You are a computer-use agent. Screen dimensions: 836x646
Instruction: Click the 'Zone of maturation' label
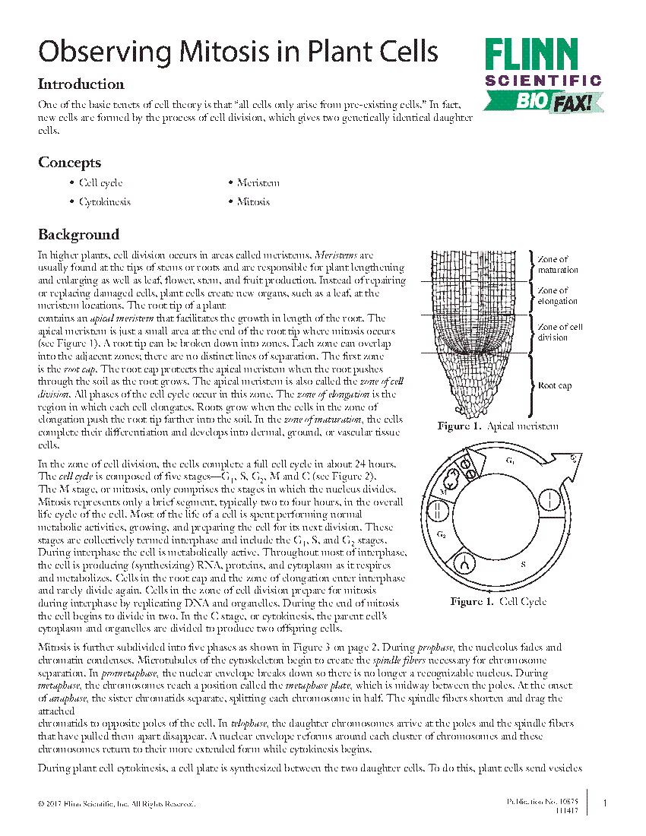pos(558,264)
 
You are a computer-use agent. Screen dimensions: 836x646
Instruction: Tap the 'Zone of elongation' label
pos(558,296)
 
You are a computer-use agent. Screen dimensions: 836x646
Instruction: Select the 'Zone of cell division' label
pos(560,332)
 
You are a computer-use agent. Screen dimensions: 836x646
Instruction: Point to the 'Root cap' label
pos(554,385)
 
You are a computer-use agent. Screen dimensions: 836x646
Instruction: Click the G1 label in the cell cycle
pos(511,461)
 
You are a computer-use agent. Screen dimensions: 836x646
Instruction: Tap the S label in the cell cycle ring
pos(523,565)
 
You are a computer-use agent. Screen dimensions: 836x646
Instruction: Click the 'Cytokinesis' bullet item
pos(105,202)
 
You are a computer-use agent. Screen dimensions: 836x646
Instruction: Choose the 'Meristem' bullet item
pos(258,182)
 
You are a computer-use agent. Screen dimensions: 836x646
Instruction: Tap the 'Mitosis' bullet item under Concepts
pos(253,202)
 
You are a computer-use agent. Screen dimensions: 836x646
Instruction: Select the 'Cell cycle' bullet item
pos(100,182)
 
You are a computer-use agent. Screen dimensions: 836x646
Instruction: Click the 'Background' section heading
pos(78,234)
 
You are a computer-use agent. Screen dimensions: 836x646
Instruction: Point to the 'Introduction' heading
pos(81,84)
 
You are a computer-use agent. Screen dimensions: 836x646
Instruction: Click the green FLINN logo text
pos(532,55)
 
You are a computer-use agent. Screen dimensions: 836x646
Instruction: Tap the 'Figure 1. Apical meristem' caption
pos(498,426)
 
